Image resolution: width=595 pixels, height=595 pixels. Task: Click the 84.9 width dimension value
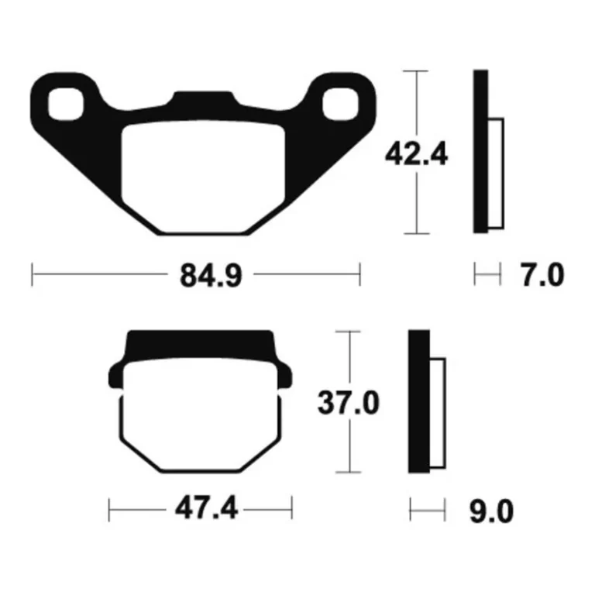pyautogui.click(x=211, y=276)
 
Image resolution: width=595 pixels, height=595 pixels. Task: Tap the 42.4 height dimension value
pyautogui.click(x=416, y=154)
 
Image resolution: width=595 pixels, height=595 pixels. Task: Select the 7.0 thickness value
pyautogui.click(x=542, y=276)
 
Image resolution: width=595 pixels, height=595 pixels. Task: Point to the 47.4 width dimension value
pyautogui.click(x=206, y=508)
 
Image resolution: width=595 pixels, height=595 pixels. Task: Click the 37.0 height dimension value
pyautogui.click(x=349, y=403)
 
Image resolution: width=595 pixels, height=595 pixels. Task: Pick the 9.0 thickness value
pyautogui.click(x=492, y=512)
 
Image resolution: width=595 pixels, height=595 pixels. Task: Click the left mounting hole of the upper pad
pyautogui.click(x=66, y=104)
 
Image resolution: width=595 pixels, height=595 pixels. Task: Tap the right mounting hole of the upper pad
pyautogui.click(x=340, y=104)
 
